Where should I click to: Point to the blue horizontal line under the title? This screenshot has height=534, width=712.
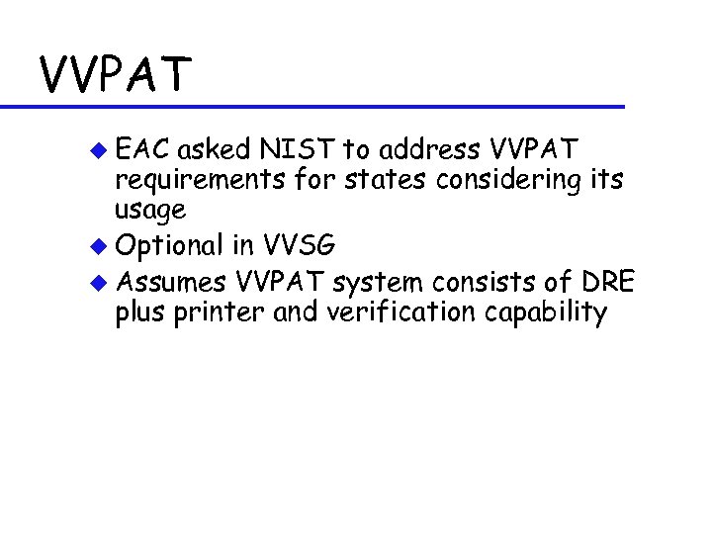click(316, 106)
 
